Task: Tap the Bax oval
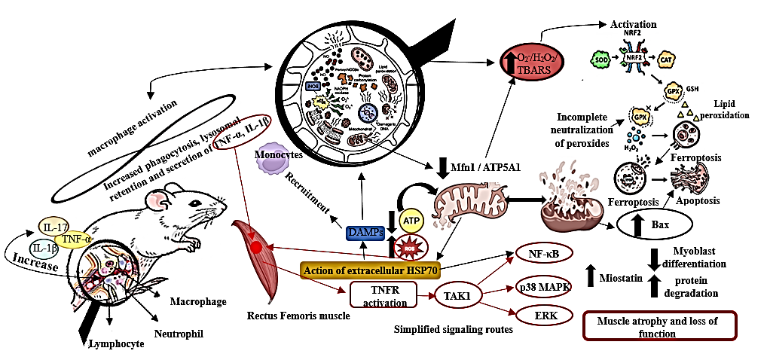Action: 654,224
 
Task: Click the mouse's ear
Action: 160,202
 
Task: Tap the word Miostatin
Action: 620,279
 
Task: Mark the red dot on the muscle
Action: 258,248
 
